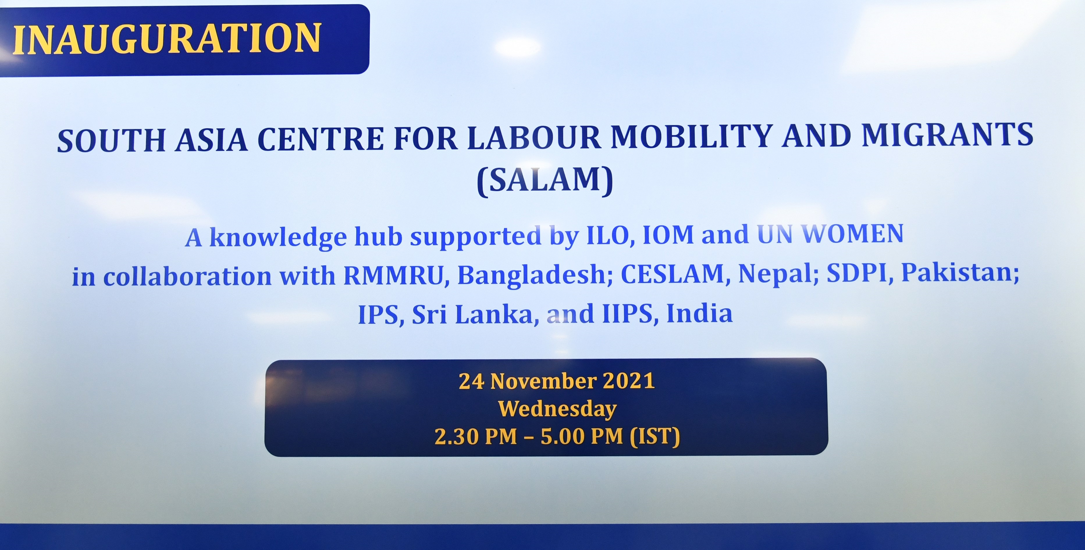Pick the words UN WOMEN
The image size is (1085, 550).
coord(830,234)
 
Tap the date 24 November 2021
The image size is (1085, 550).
coord(556,381)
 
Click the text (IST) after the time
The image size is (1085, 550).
coord(654,436)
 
